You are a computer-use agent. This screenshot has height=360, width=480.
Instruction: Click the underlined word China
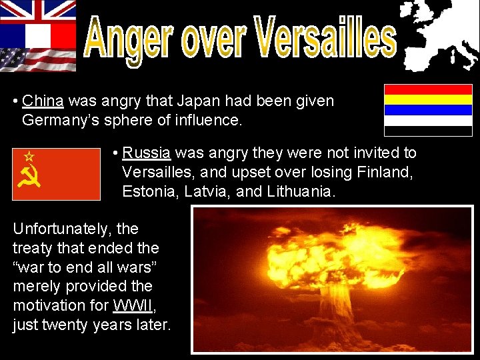click(x=43, y=101)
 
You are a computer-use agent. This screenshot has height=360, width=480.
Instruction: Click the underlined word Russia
click(x=147, y=153)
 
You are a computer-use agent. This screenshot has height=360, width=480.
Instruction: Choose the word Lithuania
click(x=303, y=191)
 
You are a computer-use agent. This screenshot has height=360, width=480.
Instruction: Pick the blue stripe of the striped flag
click(x=419, y=110)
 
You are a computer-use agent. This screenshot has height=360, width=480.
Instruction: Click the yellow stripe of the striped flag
click(x=419, y=99)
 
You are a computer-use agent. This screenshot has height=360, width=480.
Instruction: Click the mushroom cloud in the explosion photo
click(x=330, y=267)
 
